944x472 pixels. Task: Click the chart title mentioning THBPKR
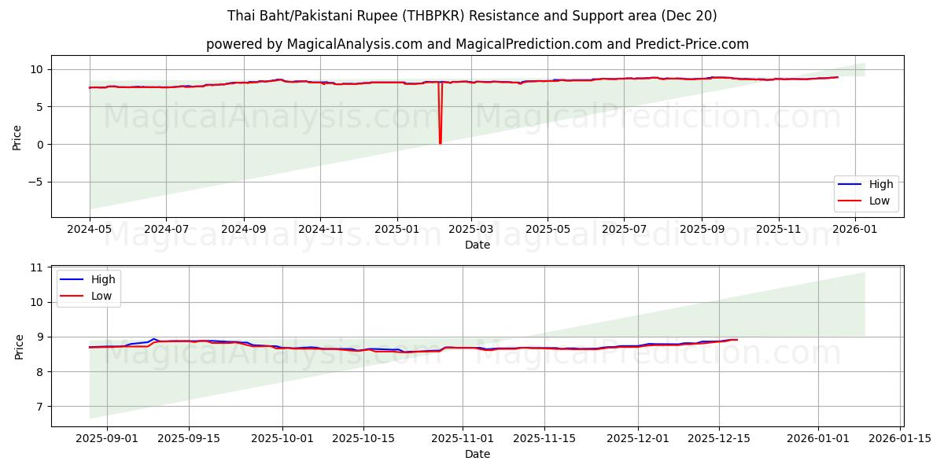[472, 16]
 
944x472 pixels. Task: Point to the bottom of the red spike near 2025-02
[440, 143]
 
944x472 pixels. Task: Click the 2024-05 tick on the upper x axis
[90, 229]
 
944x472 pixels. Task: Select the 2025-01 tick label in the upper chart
[396, 229]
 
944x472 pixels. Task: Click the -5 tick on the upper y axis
[36, 182]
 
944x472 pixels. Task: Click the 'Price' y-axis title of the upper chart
[17, 136]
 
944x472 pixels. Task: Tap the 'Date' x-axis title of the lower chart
[477, 454]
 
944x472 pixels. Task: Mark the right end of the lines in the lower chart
[737, 340]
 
